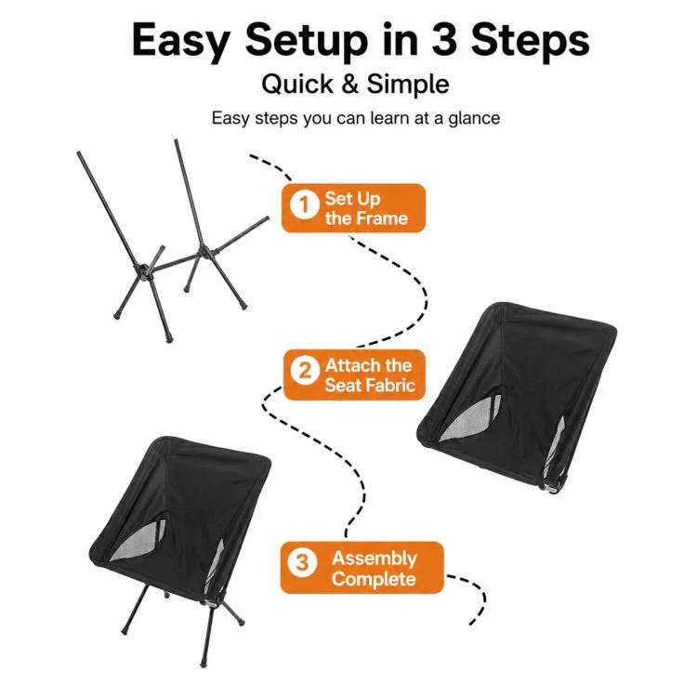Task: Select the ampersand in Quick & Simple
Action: coord(350,84)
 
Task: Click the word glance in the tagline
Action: coord(474,119)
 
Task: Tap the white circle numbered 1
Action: coord(305,204)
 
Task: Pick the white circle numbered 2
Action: coord(305,370)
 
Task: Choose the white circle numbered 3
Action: coord(302,562)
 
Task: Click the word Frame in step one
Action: coord(381,218)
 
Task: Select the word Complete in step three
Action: coord(374,580)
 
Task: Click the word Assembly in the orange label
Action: coord(375,559)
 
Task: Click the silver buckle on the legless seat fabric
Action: coord(552,489)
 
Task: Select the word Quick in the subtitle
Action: coord(297,84)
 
